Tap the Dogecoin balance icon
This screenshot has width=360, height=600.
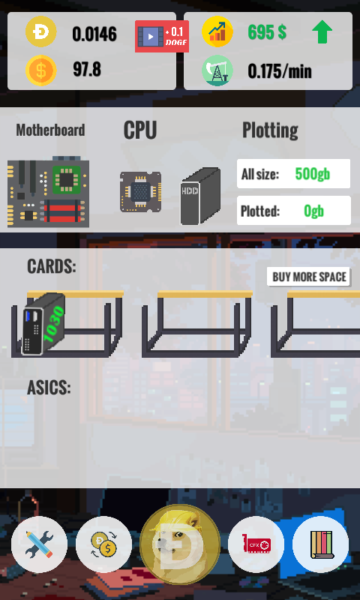click(41, 31)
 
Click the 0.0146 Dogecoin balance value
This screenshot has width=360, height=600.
click(94, 34)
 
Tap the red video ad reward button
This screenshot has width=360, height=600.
click(162, 36)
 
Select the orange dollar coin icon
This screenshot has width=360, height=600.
click(41, 70)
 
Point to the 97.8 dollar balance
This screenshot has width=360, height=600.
click(87, 70)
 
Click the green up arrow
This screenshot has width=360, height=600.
click(322, 31)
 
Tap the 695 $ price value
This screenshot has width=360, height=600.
click(267, 32)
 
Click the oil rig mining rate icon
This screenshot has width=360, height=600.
click(217, 70)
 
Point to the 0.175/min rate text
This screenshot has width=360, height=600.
click(280, 71)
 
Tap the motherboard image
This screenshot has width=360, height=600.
click(48, 192)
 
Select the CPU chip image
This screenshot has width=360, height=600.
click(140, 192)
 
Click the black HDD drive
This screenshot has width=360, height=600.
click(200, 196)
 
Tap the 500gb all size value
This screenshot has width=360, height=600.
click(313, 174)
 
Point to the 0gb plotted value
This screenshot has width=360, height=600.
click(313, 211)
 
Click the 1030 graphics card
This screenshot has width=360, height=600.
click(43, 324)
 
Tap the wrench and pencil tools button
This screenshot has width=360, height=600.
click(40, 544)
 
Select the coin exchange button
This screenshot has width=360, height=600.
click(103, 544)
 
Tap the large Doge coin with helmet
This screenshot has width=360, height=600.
click(180, 544)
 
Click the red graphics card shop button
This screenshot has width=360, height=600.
click(256, 544)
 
